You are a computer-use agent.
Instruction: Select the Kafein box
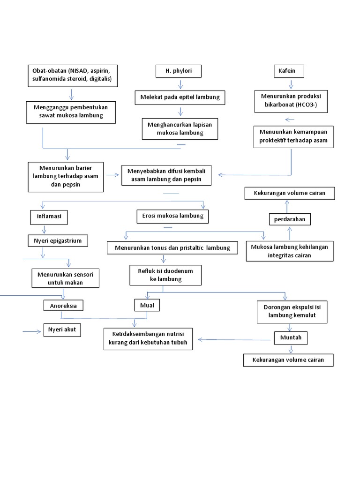(x=288, y=71)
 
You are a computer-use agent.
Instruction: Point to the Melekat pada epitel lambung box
(x=180, y=97)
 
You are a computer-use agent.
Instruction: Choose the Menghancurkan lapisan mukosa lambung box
(x=180, y=128)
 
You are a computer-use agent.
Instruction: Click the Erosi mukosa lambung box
(x=172, y=216)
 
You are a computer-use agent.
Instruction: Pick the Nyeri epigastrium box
(x=58, y=241)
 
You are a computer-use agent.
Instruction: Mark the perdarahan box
(x=289, y=219)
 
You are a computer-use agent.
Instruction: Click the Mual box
(x=147, y=306)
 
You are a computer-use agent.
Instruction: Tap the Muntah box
(x=291, y=337)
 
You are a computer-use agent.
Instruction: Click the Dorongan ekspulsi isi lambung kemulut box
(x=292, y=312)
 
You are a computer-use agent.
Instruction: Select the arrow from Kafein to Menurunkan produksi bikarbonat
(x=291, y=84)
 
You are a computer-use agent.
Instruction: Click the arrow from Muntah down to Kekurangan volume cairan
(x=291, y=349)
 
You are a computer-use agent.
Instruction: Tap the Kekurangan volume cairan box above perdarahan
(x=289, y=193)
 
